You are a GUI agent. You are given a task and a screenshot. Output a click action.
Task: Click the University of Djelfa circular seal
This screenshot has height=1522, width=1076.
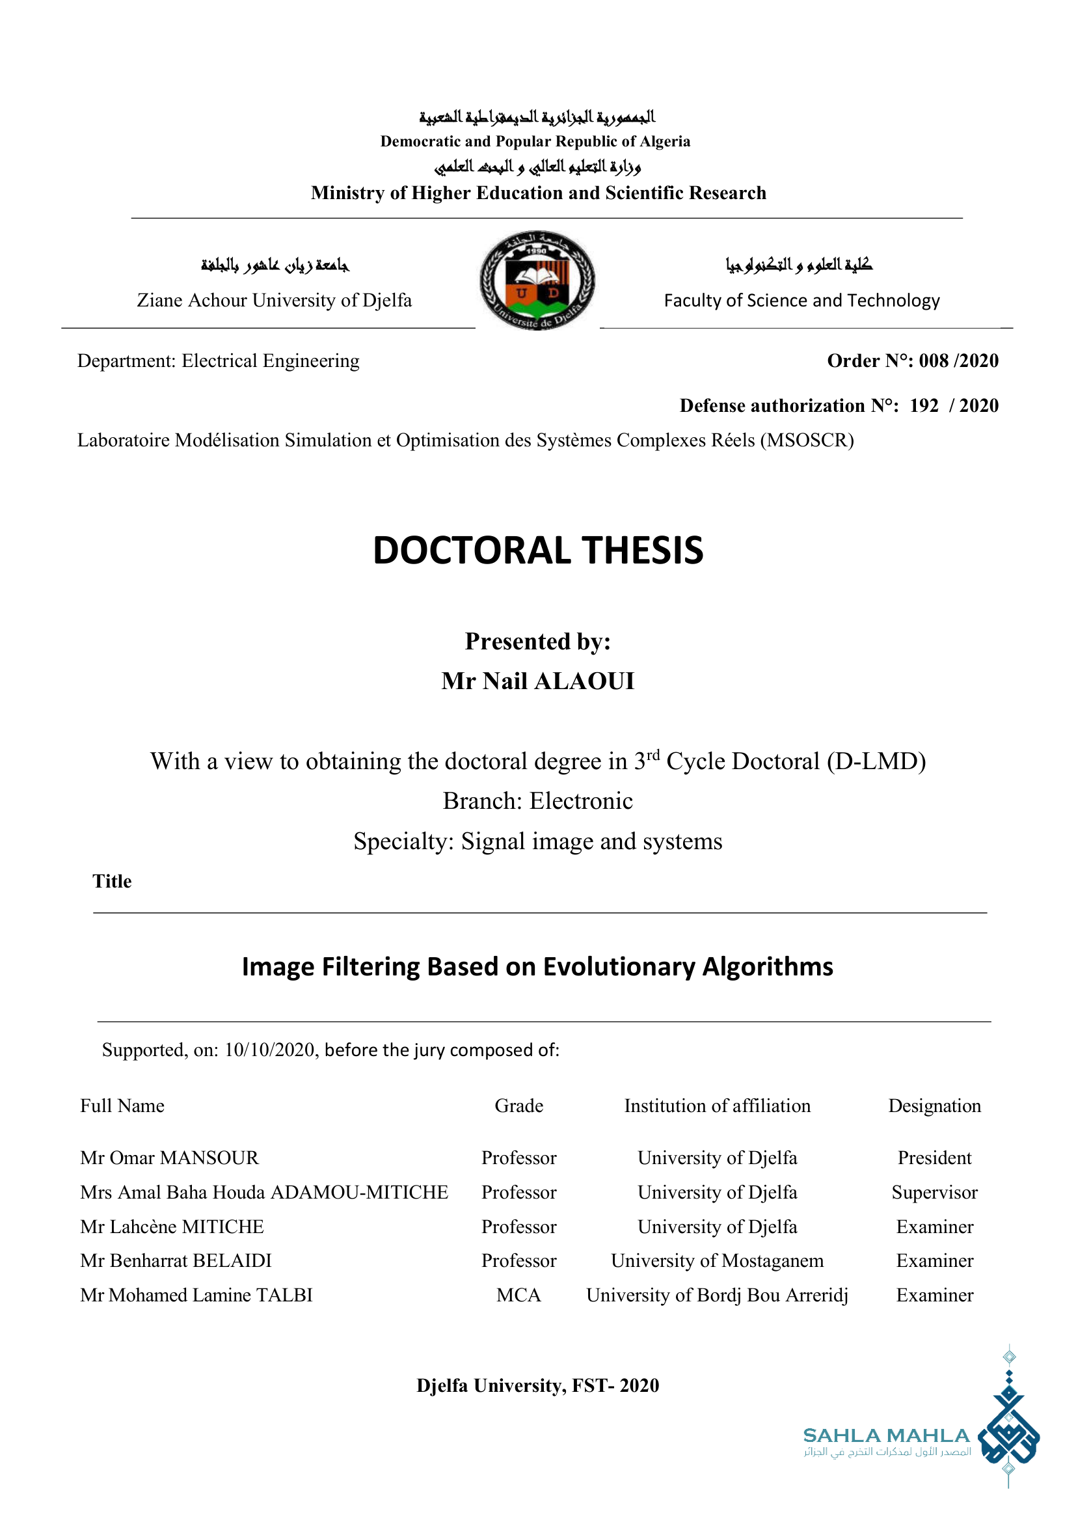[x=537, y=280]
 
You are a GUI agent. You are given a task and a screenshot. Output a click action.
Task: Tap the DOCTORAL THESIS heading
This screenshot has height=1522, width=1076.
[x=538, y=550]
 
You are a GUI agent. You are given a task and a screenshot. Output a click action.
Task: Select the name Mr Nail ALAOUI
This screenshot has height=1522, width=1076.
[x=538, y=681]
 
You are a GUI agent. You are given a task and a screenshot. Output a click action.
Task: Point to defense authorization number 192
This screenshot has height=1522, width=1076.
[x=924, y=405]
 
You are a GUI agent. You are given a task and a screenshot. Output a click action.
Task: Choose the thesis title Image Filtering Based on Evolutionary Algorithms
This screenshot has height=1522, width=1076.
[x=537, y=966]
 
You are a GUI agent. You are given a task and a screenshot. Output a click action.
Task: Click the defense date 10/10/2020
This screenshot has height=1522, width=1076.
[x=269, y=1050]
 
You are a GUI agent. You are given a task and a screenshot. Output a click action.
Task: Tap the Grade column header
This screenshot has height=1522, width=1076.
[x=518, y=1106]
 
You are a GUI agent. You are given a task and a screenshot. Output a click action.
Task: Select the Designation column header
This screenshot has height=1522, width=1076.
[x=934, y=1106]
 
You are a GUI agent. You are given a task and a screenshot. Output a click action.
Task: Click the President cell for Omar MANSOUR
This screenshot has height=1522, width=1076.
[x=934, y=1158]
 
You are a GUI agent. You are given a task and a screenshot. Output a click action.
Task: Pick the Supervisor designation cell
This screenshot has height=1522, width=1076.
[x=934, y=1192]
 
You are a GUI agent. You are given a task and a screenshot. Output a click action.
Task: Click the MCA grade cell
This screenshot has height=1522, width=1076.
[x=518, y=1296]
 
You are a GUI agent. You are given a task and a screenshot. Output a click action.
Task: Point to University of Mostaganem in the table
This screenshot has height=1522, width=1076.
[x=717, y=1261]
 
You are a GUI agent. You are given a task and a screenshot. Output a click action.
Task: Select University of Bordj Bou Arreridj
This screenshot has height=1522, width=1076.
[x=717, y=1296]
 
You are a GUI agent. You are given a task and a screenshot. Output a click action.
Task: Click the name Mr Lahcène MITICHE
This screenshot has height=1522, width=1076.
[x=172, y=1227]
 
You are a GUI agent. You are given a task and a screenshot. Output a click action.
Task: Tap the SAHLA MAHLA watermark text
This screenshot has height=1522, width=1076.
[x=886, y=1436]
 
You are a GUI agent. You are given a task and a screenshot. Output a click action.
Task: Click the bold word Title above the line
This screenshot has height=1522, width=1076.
[x=112, y=882]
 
